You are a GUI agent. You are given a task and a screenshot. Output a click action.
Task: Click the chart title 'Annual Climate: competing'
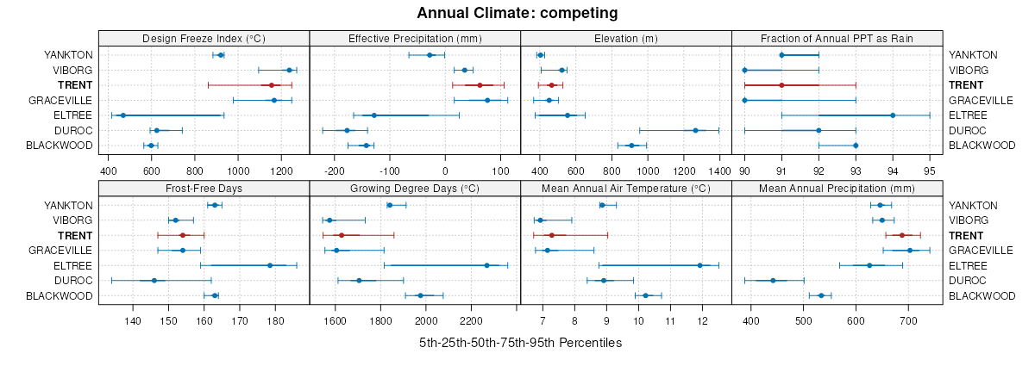pyautogui.click(x=517, y=13)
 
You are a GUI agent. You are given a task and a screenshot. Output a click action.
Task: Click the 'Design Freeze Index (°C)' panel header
pyautogui.click(x=204, y=38)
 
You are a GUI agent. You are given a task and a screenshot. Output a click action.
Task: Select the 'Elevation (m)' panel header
pyautogui.click(x=626, y=38)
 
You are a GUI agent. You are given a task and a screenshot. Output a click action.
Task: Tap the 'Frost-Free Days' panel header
pyautogui.click(x=204, y=188)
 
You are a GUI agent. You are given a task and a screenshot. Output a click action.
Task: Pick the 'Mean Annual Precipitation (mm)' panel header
pyautogui.click(x=837, y=188)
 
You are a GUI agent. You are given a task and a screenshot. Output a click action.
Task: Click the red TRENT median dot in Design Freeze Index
pyautogui.click(x=271, y=85)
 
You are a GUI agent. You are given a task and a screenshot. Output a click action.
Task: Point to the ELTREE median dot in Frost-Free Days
pyautogui.click(x=270, y=265)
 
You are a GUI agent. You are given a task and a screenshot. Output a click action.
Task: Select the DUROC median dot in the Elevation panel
pyautogui.click(x=695, y=130)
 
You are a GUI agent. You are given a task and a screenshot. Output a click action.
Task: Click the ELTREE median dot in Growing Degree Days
pyautogui.click(x=486, y=265)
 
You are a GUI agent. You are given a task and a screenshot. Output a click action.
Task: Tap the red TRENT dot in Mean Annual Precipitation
pyautogui.click(x=902, y=235)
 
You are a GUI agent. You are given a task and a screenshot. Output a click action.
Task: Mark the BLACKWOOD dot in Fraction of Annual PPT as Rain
pyautogui.click(x=856, y=146)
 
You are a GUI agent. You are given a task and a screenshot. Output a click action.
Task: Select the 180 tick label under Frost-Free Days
pyautogui.click(x=275, y=321)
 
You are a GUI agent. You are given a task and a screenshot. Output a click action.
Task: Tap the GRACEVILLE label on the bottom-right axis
pyautogui.click(x=981, y=251)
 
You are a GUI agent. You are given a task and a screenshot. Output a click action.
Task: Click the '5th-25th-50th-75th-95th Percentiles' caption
pyautogui.click(x=520, y=343)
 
